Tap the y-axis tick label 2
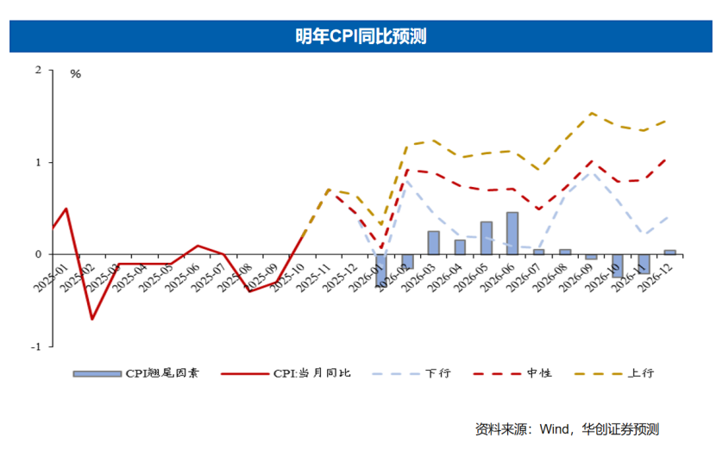pyautogui.click(x=38, y=70)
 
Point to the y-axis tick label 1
pyautogui.click(x=38, y=162)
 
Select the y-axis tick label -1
pyautogui.click(x=36, y=346)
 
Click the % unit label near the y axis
pyautogui.click(x=75, y=74)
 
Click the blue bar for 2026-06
pyautogui.click(x=512, y=234)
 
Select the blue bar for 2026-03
pyautogui.click(x=434, y=243)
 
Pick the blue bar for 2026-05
pyautogui.click(x=487, y=238)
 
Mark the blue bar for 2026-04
pyautogui.click(x=460, y=247)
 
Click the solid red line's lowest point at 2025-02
pyautogui.click(x=91, y=319)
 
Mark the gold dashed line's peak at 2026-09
pyautogui.click(x=592, y=113)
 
